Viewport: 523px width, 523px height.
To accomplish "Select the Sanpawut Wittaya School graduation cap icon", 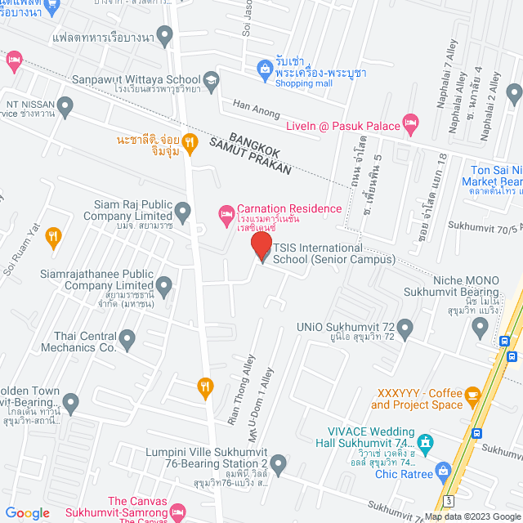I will (x=211, y=79).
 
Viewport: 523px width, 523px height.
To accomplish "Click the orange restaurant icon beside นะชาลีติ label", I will (x=190, y=144).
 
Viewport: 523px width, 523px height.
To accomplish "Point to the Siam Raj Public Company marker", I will (x=182, y=213).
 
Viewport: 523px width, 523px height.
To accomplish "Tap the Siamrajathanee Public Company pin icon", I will (x=164, y=285).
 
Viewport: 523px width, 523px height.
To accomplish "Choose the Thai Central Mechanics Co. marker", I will (x=127, y=337).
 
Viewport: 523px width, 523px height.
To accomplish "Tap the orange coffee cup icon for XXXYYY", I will (x=472, y=396).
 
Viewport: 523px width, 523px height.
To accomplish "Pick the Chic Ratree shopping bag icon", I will (x=443, y=470).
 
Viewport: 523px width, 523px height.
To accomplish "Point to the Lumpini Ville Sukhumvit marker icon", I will (x=279, y=464).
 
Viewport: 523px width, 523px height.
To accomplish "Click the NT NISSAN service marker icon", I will (x=65, y=105).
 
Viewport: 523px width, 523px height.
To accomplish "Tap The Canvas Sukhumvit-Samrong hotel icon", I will (x=179, y=512).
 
